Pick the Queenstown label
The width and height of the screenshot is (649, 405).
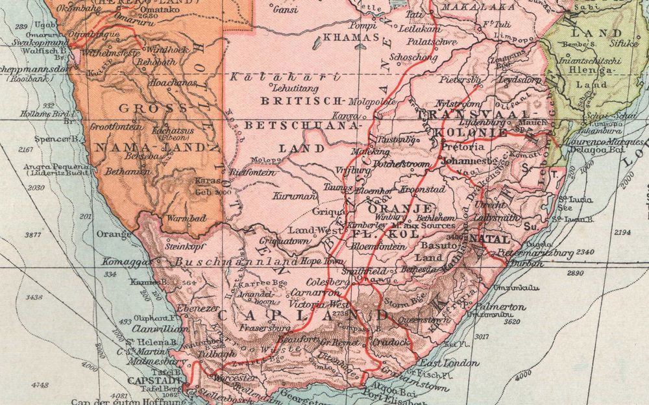coord(409,319)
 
